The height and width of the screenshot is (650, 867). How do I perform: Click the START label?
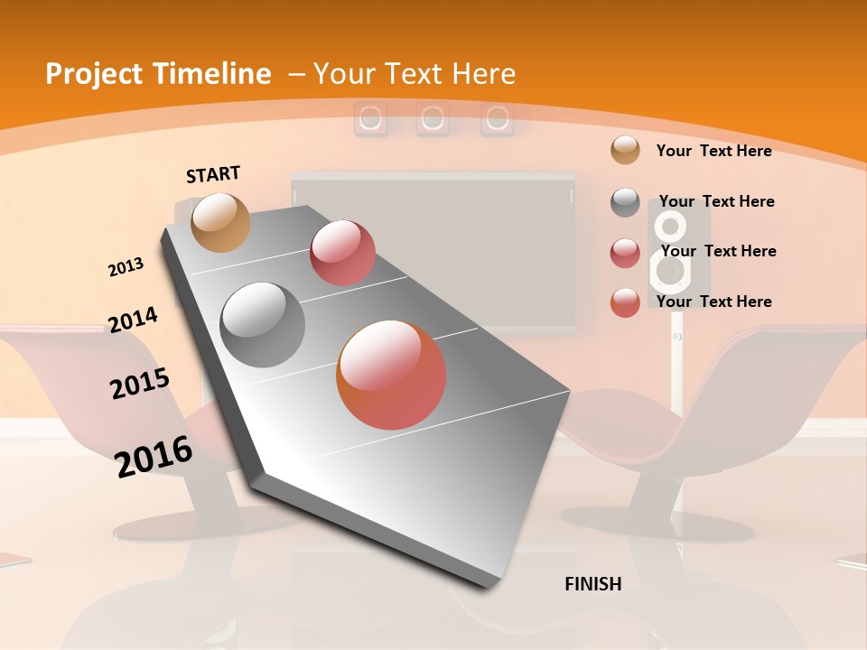pyautogui.click(x=213, y=174)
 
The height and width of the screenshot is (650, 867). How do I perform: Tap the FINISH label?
pyautogui.click(x=592, y=584)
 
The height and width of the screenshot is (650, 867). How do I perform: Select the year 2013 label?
pyautogui.click(x=126, y=267)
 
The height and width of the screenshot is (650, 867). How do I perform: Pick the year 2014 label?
pyautogui.click(x=133, y=320)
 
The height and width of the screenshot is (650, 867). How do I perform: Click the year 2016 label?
pyautogui.click(x=154, y=456)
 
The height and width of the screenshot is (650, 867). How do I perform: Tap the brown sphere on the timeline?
pyautogui.click(x=220, y=222)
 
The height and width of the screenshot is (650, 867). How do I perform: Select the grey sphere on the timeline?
pyautogui.click(x=263, y=324)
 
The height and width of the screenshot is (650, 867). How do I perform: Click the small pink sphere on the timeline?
pyautogui.click(x=342, y=253)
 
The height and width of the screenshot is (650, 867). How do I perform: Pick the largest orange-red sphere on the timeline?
pyautogui.click(x=391, y=375)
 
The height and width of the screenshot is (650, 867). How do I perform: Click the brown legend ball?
pyautogui.click(x=625, y=150)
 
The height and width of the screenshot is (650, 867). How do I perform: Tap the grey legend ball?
pyautogui.click(x=625, y=202)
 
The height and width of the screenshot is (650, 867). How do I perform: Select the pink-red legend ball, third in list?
pyautogui.click(x=625, y=253)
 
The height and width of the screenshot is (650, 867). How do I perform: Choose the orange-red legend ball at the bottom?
pyautogui.click(x=625, y=302)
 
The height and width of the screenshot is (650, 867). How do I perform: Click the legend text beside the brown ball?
pyautogui.click(x=713, y=151)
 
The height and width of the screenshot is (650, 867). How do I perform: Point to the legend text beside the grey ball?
pyautogui.click(x=716, y=201)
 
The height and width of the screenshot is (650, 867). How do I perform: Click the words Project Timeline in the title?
pyautogui.click(x=158, y=74)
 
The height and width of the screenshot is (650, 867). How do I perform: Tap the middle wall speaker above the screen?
pyautogui.click(x=433, y=118)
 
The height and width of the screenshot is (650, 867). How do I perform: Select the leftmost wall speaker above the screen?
pyautogui.click(x=370, y=118)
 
